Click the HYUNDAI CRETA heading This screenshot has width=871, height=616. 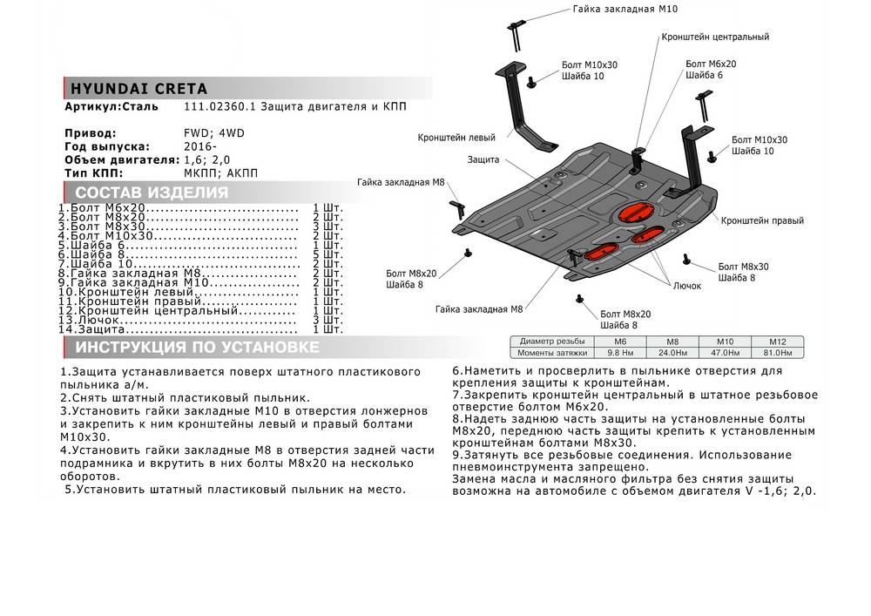pyautogui.click(x=137, y=89)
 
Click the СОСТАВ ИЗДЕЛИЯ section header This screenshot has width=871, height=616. pyautogui.click(x=152, y=193)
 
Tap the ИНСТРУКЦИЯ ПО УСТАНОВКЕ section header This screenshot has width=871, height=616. pyautogui.click(x=197, y=349)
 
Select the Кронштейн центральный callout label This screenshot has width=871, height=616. pyautogui.click(x=714, y=37)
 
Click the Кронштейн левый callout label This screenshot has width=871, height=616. pyautogui.click(x=456, y=138)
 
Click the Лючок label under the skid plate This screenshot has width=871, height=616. pyautogui.click(x=686, y=286)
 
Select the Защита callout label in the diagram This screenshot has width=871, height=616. pyautogui.click(x=483, y=160)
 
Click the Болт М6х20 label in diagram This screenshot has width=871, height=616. pyautogui.click(x=711, y=64)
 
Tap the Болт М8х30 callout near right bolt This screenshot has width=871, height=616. pyautogui.click(x=743, y=267)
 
